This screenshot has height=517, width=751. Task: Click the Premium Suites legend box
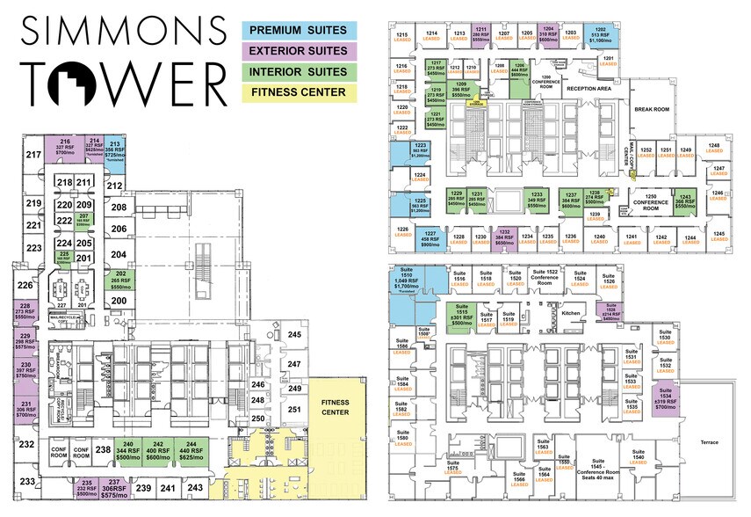click(x=298, y=30)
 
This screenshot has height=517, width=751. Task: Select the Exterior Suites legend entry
click(x=298, y=51)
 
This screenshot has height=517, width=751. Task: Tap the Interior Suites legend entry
click(x=298, y=71)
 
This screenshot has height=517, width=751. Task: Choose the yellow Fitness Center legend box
click(x=298, y=91)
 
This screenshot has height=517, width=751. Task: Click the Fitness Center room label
click(x=336, y=407)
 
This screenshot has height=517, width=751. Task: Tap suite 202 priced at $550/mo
click(x=120, y=280)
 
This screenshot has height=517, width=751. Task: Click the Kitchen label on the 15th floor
click(x=572, y=312)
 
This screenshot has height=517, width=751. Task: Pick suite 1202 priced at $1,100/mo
click(x=601, y=34)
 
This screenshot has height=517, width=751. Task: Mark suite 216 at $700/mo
click(x=65, y=148)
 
